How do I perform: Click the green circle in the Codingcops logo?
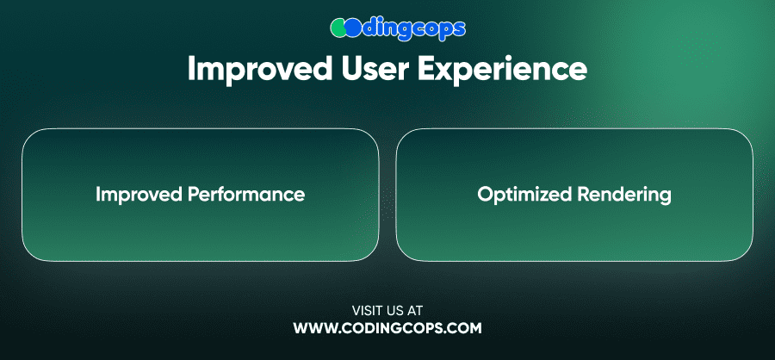click(339, 28)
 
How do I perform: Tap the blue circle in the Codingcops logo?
click(352, 28)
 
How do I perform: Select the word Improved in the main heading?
click(260, 70)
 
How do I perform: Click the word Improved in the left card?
click(139, 195)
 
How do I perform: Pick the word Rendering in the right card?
click(623, 195)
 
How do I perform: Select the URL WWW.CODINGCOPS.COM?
click(387, 328)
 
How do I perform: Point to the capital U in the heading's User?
click(352, 69)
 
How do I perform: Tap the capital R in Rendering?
click(583, 194)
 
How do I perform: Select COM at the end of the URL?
click(464, 328)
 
